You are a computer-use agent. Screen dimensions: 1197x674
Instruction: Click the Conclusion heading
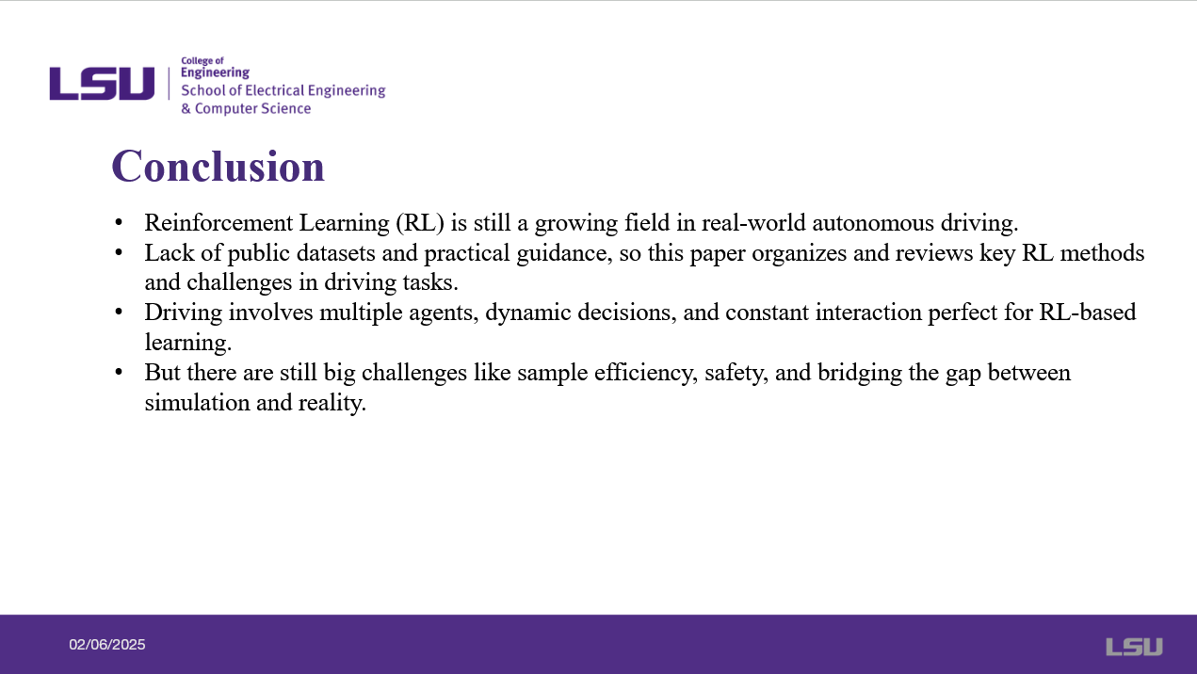(218, 167)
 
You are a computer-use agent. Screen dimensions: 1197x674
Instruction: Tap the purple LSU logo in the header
(102, 84)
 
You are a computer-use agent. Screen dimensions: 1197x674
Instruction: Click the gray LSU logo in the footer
(1134, 646)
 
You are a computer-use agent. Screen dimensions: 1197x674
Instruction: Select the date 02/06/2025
(106, 645)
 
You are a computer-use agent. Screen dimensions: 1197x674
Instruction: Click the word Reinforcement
(218, 223)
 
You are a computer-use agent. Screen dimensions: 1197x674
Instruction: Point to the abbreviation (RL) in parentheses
(420, 223)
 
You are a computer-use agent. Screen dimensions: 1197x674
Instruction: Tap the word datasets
(335, 253)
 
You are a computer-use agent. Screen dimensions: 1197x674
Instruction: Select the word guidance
(564, 254)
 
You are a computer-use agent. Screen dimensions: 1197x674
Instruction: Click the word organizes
(799, 254)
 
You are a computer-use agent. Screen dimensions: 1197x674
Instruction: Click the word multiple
(361, 313)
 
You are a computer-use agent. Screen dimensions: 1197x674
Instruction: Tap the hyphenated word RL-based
(1088, 313)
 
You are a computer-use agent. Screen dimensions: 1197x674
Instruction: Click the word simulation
(197, 403)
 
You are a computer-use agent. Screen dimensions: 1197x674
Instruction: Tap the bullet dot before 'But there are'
(119, 372)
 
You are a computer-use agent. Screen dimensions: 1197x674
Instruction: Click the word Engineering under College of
(215, 72)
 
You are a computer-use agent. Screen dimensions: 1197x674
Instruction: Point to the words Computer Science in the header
(252, 108)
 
